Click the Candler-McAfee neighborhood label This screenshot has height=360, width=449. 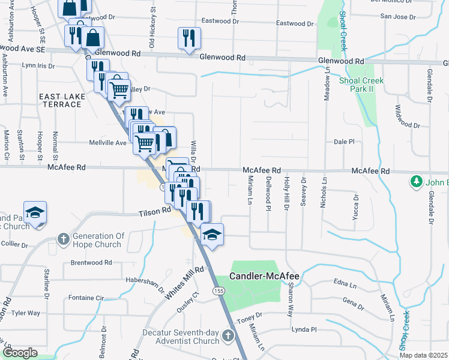coord(265,276)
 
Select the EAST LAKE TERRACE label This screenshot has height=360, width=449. coord(60,100)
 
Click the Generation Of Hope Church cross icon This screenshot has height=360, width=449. coord(62,239)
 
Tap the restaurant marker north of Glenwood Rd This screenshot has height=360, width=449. coord(189,38)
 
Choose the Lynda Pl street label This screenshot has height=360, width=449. coord(304,329)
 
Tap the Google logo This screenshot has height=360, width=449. coord(20,353)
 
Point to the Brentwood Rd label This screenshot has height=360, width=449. coord(91,262)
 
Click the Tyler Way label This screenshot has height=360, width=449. coord(26,313)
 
